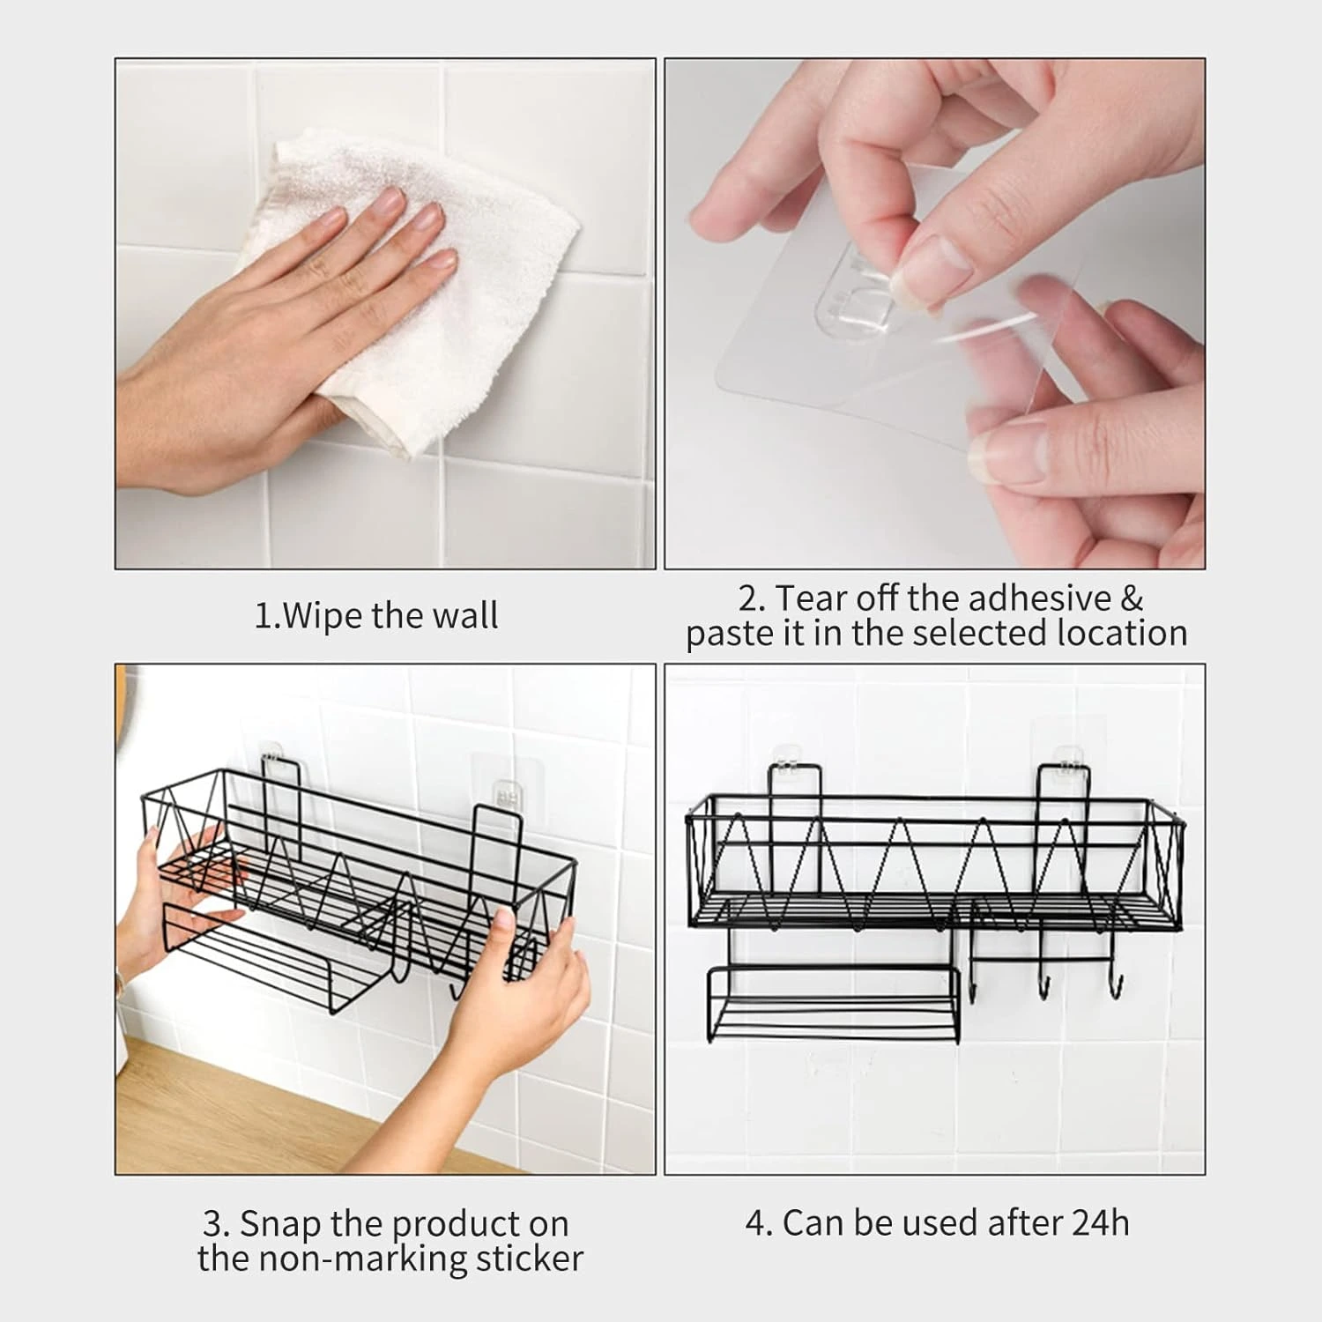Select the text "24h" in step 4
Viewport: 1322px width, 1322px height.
pos(1101,1223)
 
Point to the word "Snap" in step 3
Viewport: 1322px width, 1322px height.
pos(280,1224)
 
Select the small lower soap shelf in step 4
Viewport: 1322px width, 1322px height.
pos(832,1005)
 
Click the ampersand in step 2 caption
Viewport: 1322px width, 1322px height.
pos(1132,598)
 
